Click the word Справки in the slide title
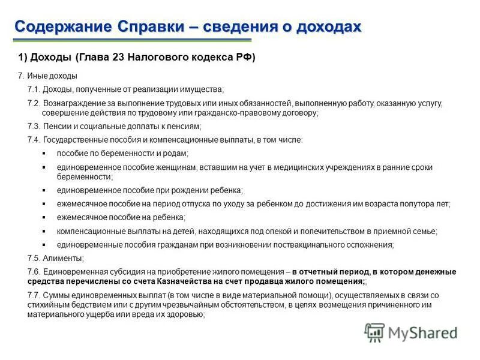click(155, 26)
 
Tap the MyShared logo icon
click(375, 332)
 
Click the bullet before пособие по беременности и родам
click(44, 154)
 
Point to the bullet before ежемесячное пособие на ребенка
click(44, 217)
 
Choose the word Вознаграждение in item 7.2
click(71, 103)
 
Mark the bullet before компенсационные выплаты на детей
click(44, 231)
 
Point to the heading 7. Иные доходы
click(48, 76)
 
